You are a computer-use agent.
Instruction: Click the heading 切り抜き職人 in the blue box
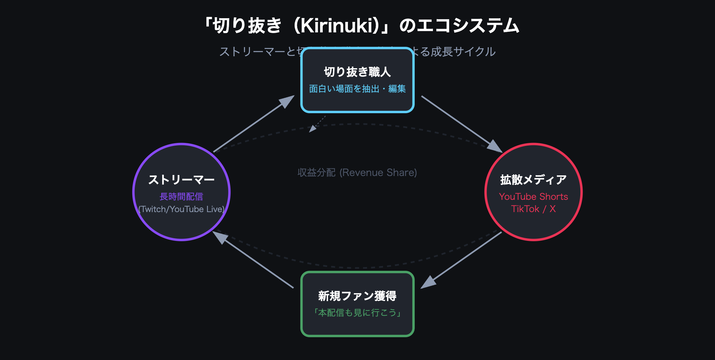click(x=357, y=72)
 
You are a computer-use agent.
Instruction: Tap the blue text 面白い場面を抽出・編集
click(x=357, y=89)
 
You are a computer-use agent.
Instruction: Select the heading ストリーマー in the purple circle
click(x=181, y=180)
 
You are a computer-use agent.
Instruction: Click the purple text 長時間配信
click(x=181, y=197)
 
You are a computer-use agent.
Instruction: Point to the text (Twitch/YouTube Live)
click(x=181, y=209)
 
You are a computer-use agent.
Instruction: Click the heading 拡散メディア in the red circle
click(x=533, y=180)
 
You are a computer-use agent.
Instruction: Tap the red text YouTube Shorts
click(x=533, y=197)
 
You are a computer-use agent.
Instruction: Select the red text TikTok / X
click(x=533, y=209)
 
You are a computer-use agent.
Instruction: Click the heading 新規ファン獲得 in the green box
click(x=357, y=296)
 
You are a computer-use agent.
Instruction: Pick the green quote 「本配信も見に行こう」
click(x=357, y=313)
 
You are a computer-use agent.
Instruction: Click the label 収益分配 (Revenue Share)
click(x=357, y=172)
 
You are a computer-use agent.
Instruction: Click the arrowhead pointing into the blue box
click(x=287, y=101)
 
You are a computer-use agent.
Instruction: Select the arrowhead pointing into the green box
click(x=428, y=283)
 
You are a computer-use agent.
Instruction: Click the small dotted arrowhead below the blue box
click(x=312, y=129)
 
